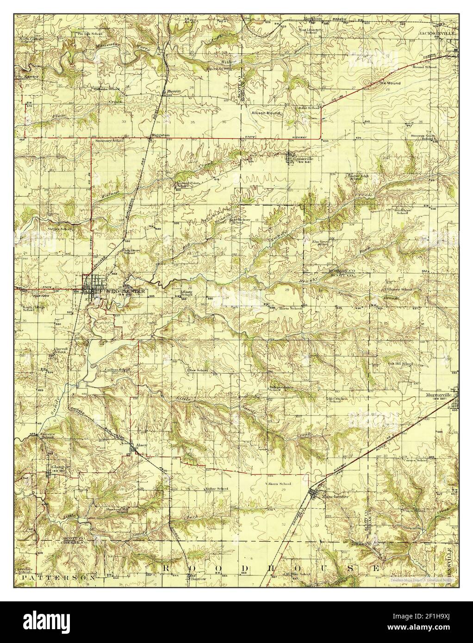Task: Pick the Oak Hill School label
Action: [400, 364]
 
